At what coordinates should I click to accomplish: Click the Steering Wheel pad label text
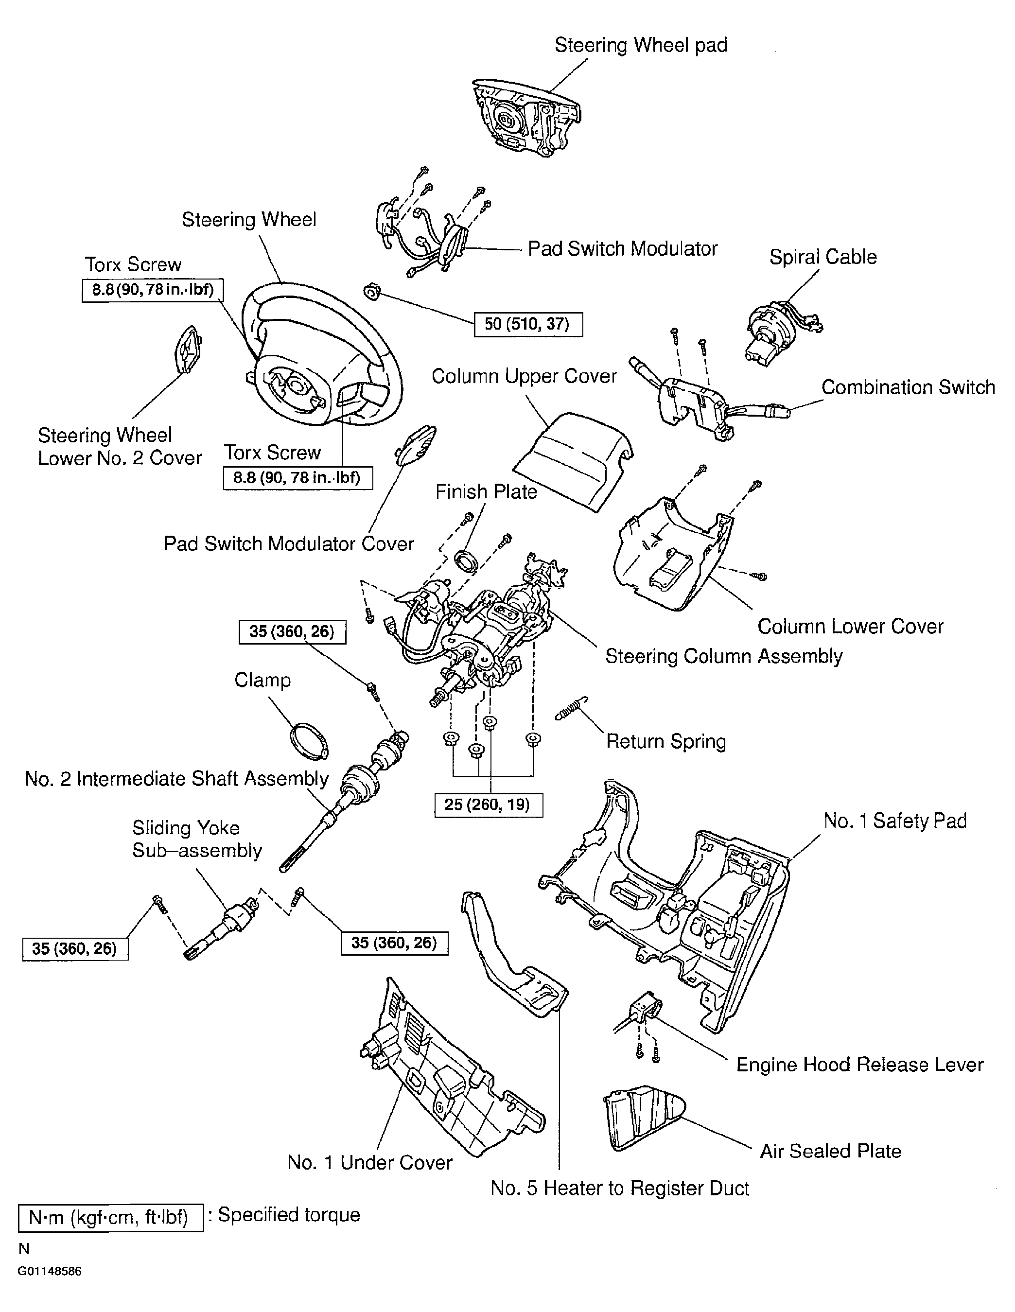click(x=640, y=45)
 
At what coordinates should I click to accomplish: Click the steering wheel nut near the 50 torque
click(x=372, y=293)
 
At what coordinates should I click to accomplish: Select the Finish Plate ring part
click(x=467, y=561)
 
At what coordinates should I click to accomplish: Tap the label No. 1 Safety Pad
click(x=894, y=821)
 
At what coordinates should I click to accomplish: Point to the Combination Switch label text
click(x=908, y=387)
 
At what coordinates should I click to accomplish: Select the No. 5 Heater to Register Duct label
click(x=619, y=1188)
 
